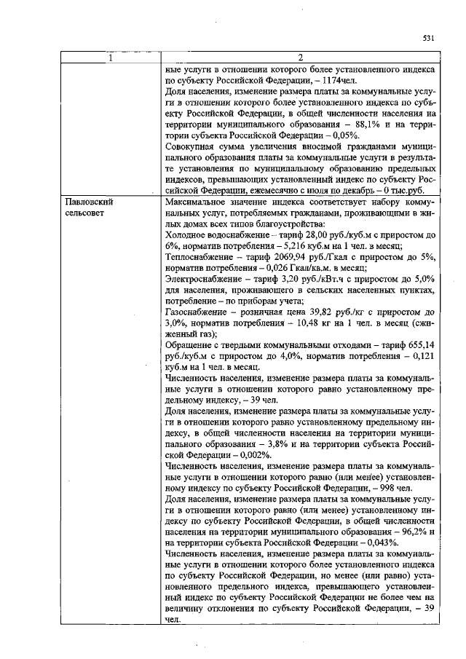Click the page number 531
[428, 39]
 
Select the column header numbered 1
[111, 58]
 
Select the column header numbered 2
[299, 58]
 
